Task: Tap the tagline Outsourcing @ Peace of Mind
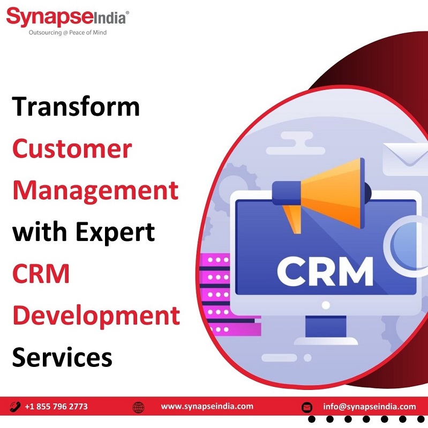(x=67, y=33)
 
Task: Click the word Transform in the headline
(x=76, y=106)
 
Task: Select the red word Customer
(x=72, y=148)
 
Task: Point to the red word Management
(x=95, y=191)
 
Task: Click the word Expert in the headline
(x=116, y=233)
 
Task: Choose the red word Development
(x=96, y=316)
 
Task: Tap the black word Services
(x=62, y=357)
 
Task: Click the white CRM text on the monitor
(x=325, y=272)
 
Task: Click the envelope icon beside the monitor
(x=405, y=159)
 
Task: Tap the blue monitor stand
(x=326, y=326)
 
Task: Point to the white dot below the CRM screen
(x=326, y=305)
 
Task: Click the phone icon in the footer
(x=15, y=407)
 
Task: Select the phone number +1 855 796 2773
(x=56, y=407)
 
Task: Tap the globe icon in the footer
(x=138, y=407)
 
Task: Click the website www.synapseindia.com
(x=207, y=407)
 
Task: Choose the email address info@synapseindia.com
(x=370, y=407)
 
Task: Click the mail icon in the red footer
(x=307, y=407)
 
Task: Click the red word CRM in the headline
(x=41, y=274)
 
